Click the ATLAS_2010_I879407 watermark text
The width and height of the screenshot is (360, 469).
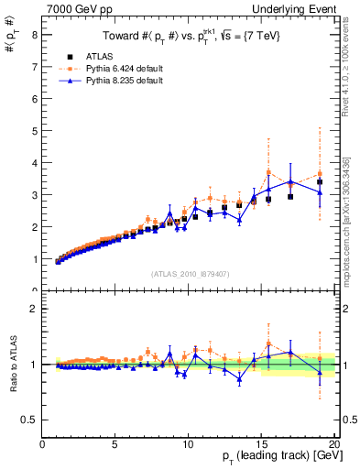[189, 273]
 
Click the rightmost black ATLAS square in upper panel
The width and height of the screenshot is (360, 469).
[320, 182]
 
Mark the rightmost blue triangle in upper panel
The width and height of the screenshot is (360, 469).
[320, 192]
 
